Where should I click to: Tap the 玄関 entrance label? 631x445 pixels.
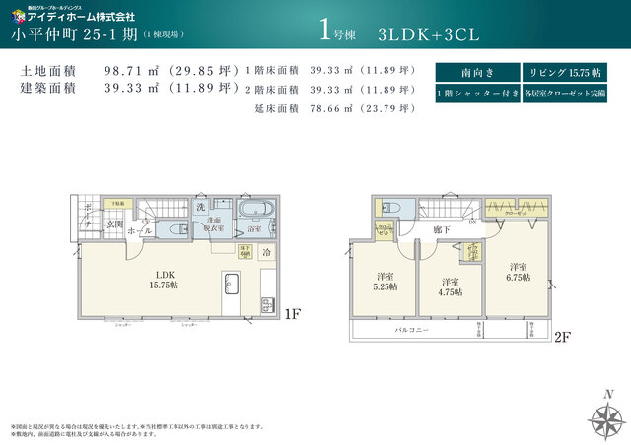pos(115,225)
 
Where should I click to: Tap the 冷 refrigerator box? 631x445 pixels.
pos(265,252)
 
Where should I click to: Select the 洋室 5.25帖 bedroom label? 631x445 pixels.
pos(385,281)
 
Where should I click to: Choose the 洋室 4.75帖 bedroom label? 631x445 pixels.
pos(451,286)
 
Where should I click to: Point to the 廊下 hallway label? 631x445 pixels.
pos(442,228)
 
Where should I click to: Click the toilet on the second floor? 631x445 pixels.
pos(389,208)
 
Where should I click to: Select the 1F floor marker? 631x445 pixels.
pos(292,315)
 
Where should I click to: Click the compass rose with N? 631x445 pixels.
pos(605,417)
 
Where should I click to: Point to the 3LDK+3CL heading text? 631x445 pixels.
pos(428,33)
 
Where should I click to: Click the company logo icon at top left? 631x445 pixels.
pos(18,15)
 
